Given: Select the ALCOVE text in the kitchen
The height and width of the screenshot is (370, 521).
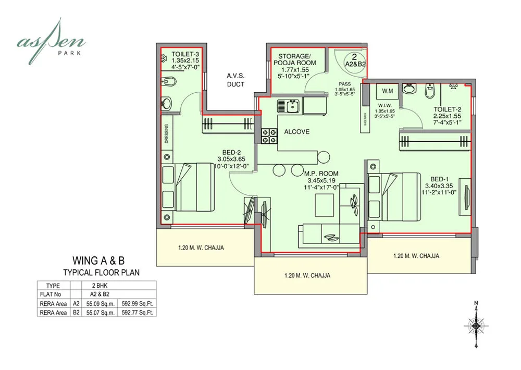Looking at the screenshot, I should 297,132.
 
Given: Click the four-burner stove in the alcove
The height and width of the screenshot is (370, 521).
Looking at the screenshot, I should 268,136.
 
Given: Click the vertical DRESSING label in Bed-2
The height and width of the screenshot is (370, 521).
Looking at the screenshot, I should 166,134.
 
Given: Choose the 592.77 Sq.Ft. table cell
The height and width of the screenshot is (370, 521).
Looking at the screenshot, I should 137,312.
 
